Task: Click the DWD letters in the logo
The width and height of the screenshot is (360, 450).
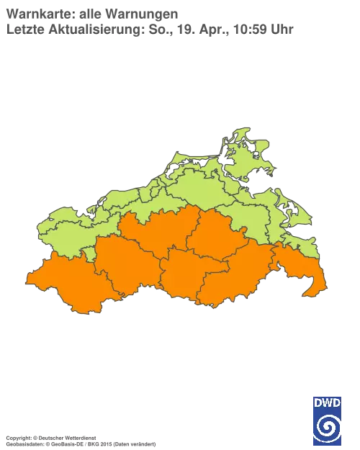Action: pyautogui.click(x=328, y=402)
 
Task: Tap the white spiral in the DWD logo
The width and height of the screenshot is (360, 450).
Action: pyautogui.click(x=328, y=428)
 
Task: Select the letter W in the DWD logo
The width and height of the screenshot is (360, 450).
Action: pyautogui.click(x=328, y=402)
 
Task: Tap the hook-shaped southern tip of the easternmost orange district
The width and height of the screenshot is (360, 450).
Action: pyautogui.click(x=311, y=290)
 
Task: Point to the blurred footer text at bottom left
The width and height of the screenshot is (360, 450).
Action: pyautogui.click(x=79, y=438)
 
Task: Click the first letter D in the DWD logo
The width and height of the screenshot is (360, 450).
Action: pyautogui.click(x=318, y=402)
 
